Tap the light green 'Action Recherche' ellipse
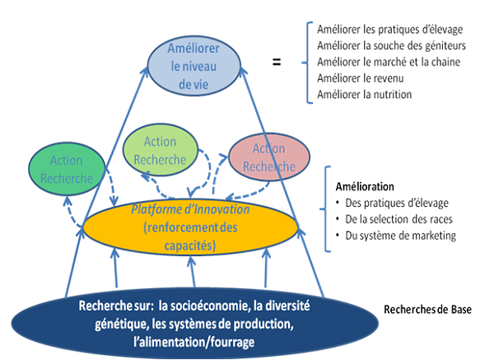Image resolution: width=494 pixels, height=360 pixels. (x=161, y=151)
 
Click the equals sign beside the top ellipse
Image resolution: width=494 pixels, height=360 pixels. (x=277, y=61)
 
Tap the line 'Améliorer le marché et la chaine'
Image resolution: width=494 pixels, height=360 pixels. (x=377, y=62)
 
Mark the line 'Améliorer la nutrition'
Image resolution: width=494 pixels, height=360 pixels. (x=358, y=95)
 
